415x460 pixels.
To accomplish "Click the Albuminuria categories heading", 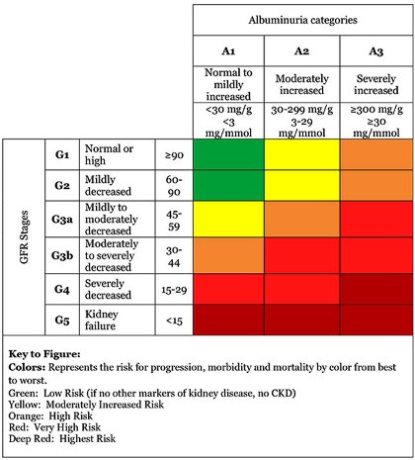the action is click(302, 20).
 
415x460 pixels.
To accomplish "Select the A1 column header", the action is click(228, 51).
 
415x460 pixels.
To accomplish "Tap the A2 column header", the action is click(301, 51).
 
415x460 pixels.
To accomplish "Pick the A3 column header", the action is click(376, 51).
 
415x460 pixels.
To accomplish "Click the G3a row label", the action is click(62, 220).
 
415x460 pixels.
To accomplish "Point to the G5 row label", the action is click(62, 320).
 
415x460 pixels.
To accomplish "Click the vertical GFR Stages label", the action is click(24, 237).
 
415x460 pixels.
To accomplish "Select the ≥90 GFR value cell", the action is click(174, 155).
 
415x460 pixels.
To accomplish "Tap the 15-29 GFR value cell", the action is click(174, 290).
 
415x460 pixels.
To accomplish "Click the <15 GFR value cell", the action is click(174, 321).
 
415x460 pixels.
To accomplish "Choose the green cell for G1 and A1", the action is click(228, 154).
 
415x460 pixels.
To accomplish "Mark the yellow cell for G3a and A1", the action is click(228, 219).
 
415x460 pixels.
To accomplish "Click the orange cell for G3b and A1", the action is click(228, 255).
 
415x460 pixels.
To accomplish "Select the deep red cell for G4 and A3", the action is click(376, 289).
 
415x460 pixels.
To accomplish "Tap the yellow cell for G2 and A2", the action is click(301, 186).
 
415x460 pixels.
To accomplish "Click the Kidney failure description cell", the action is click(102, 320).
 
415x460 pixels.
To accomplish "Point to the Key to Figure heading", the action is click(44, 354).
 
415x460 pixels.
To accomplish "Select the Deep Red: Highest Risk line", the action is click(62, 439).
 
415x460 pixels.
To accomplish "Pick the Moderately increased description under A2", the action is click(301, 84).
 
